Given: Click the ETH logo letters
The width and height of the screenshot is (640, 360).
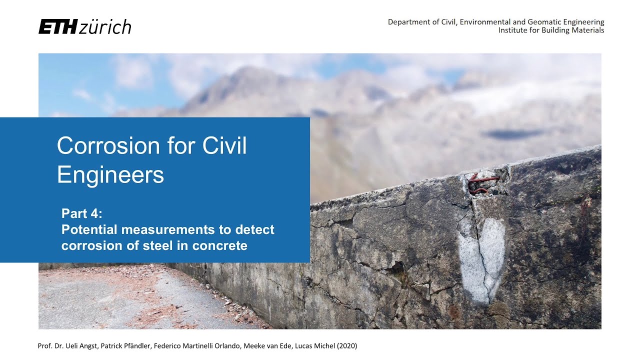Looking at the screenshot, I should coord(57,27).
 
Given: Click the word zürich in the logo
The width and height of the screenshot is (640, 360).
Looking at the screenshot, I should coord(105,27).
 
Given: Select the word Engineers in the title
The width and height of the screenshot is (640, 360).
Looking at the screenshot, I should coord(110,175).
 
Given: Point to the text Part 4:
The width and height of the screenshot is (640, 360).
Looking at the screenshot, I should coord(82,214).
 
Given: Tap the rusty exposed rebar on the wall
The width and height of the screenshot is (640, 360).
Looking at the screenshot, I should coord(482,183).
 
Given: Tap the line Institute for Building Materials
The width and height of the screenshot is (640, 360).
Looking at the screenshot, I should coord(551,30).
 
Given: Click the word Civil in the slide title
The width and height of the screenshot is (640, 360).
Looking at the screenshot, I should coord(225,146).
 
